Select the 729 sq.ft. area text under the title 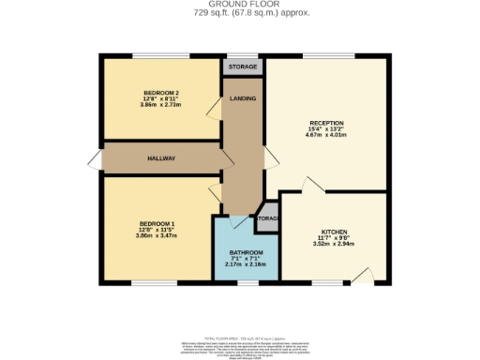point(239,14)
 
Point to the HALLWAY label point(161,158)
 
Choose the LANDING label point(243,98)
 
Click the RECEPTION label point(326,123)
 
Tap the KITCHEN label point(334,231)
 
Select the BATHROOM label point(247,253)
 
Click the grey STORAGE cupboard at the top point(243,67)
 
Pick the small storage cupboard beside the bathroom point(267,218)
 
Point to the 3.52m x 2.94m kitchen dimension point(334,244)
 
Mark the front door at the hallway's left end point(95,158)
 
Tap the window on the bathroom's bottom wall point(247,282)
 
